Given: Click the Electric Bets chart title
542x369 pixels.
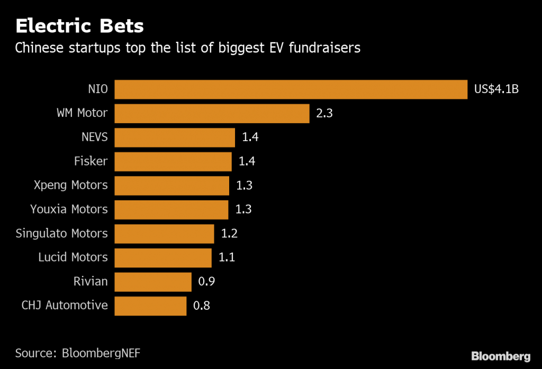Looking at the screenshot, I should (79, 25).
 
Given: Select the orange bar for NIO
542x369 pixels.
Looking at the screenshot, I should (291, 89).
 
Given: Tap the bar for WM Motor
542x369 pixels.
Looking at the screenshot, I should (212, 113).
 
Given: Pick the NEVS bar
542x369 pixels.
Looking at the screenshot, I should (175, 137).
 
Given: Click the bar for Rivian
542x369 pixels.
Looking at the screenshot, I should (153, 282).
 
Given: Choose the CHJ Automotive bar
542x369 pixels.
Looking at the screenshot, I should (150, 306).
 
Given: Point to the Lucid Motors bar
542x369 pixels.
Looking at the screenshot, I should (163, 257).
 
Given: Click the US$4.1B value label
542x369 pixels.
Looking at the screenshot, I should (496, 89).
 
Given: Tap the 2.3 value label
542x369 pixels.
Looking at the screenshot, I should (324, 113).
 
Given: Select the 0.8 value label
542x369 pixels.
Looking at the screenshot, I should (202, 306).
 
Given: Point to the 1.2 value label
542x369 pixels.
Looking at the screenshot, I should (229, 234).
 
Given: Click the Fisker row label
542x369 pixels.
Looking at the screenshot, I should (91, 161).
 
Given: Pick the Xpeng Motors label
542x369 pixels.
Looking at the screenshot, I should (70, 185).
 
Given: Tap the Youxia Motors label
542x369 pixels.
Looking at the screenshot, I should (69, 209).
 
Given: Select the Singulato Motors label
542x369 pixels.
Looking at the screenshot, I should (61, 233).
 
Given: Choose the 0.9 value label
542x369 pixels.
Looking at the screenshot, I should (206, 282).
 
